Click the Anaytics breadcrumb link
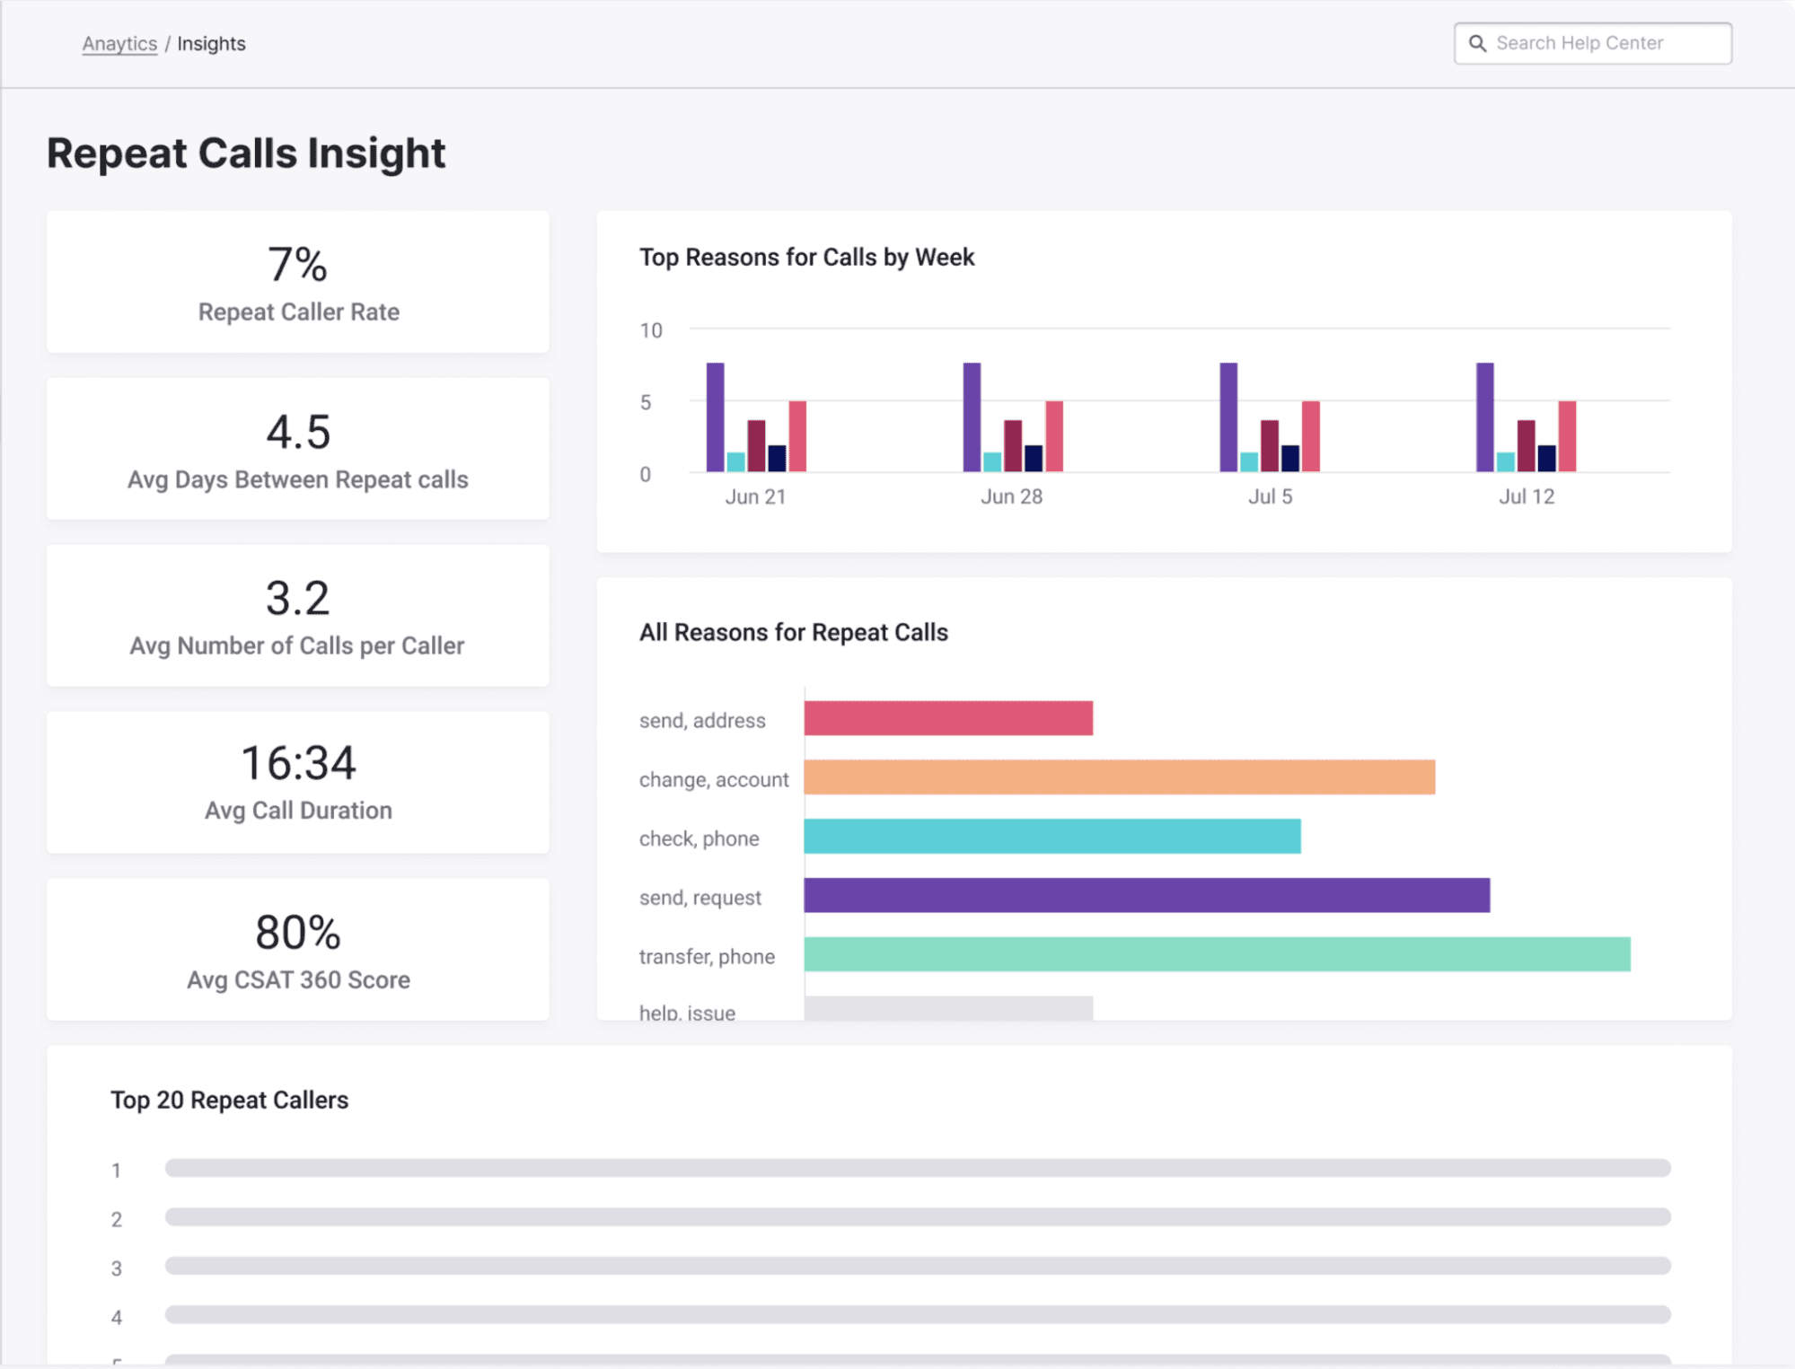(x=119, y=43)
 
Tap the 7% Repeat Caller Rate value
(x=297, y=265)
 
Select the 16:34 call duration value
(x=298, y=764)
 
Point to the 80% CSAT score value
(x=298, y=932)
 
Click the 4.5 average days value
(x=298, y=432)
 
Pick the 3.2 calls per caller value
(x=298, y=598)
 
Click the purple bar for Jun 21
(x=715, y=417)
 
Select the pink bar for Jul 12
(x=1567, y=436)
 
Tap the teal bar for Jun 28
(x=992, y=461)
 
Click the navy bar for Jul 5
(x=1290, y=458)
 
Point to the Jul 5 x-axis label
(x=1270, y=496)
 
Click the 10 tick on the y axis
(x=651, y=330)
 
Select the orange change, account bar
(x=1119, y=777)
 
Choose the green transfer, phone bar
(x=1217, y=954)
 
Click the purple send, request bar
(x=1147, y=895)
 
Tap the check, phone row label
(x=699, y=838)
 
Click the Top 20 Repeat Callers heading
(x=229, y=1100)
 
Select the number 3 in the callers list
(x=117, y=1268)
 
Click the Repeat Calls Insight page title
(x=246, y=153)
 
